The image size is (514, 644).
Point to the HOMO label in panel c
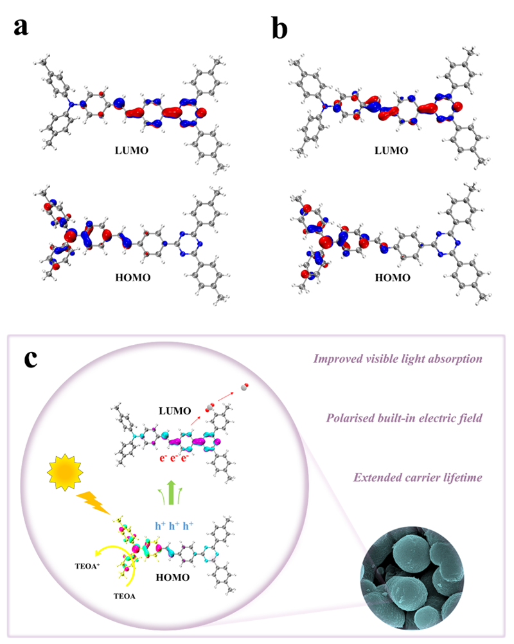[172, 578]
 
